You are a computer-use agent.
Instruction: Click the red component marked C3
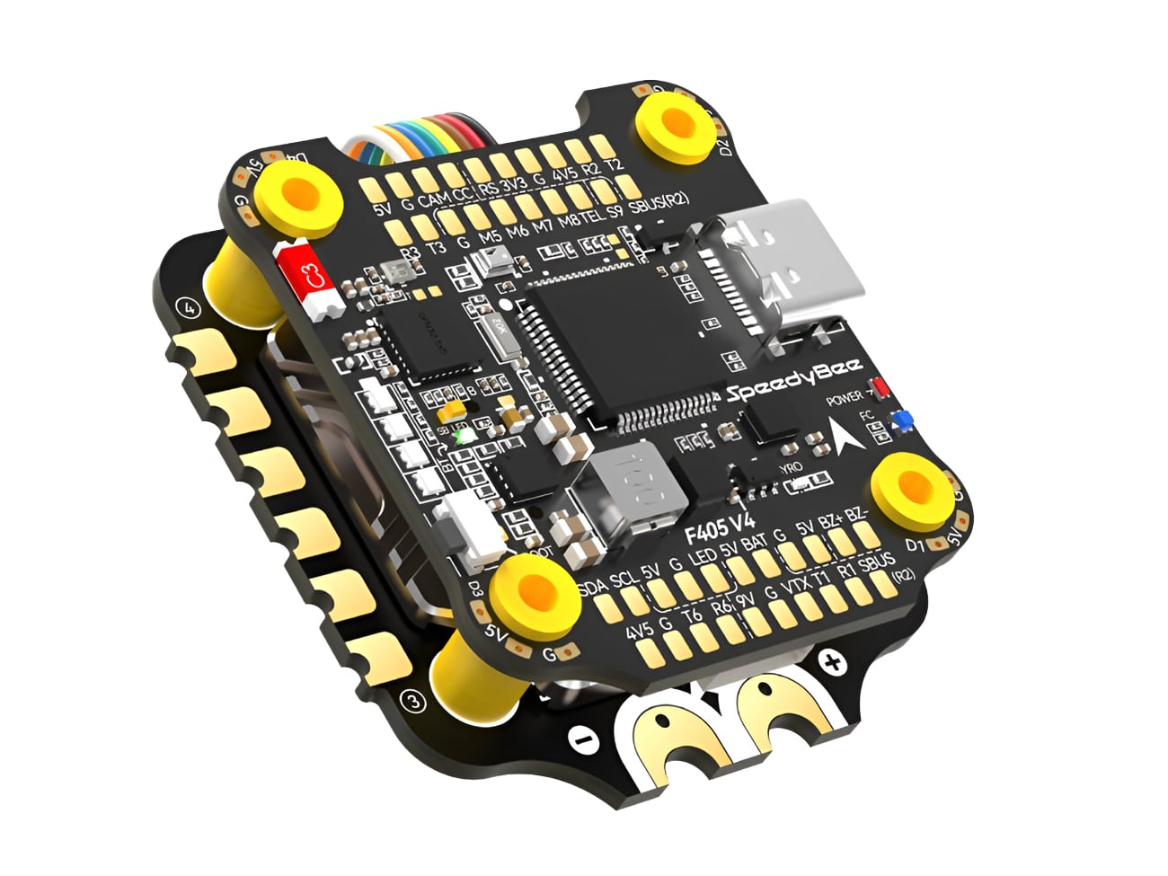coord(310,278)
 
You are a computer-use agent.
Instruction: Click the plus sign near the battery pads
coord(834,664)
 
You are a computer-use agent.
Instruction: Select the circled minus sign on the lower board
coord(584,741)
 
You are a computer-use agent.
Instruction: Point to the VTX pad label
coord(796,584)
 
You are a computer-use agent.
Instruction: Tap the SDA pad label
coord(592,588)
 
